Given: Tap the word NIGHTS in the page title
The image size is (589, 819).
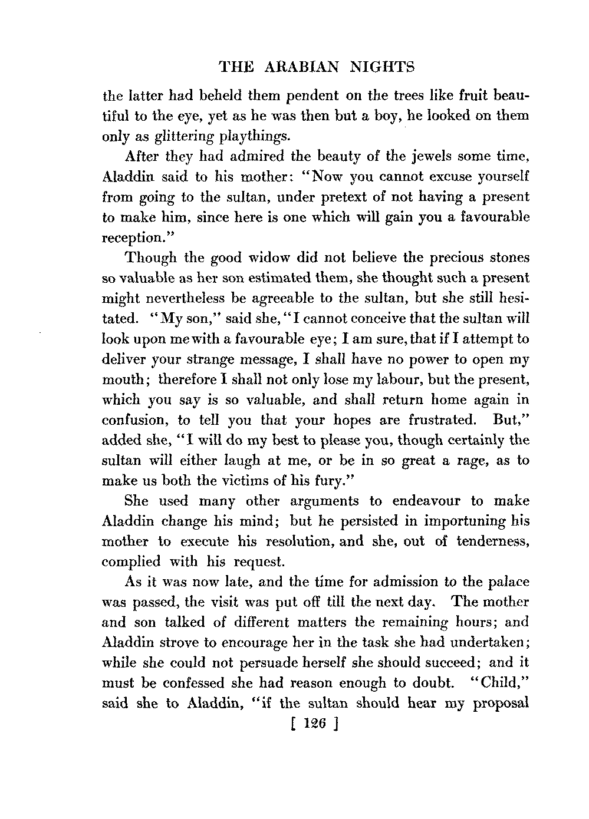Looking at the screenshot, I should point(382,68).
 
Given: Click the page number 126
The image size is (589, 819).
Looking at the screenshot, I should point(306,724).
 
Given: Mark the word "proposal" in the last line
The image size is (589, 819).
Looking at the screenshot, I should point(500,703).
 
